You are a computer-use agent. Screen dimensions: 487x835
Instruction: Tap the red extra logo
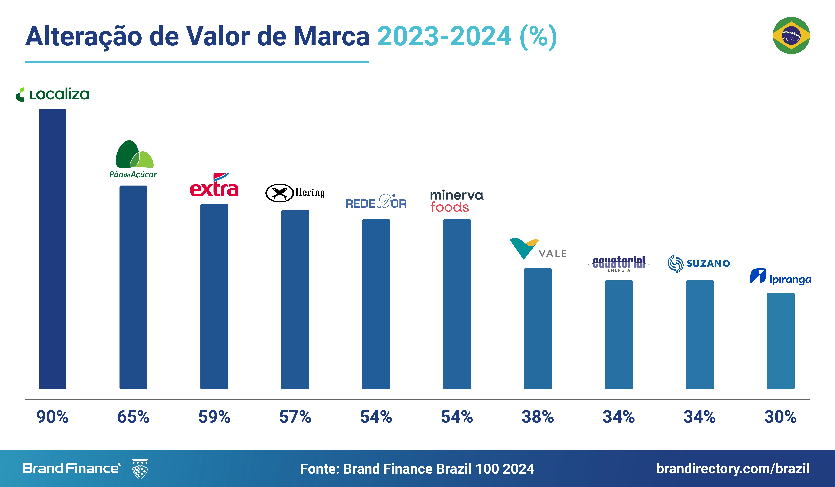point(214,186)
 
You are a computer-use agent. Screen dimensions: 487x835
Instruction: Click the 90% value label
point(52,417)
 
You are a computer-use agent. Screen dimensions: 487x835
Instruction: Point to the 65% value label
point(133,417)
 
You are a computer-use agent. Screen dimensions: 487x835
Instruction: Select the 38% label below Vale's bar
point(537,417)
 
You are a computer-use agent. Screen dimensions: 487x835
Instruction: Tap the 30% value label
point(780,417)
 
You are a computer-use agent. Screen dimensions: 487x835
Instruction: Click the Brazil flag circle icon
point(791,35)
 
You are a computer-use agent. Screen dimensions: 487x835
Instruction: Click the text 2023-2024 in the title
point(444,36)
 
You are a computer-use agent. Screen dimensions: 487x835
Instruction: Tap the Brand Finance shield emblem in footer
point(140,469)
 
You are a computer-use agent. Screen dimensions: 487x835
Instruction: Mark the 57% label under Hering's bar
point(295,417)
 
